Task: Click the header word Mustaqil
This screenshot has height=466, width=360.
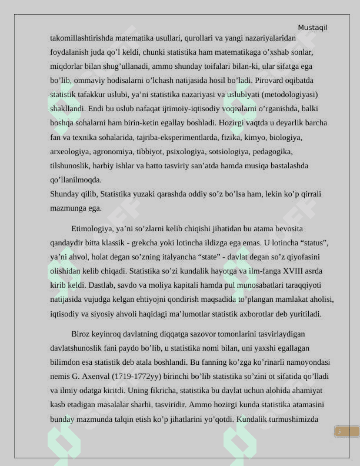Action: (312, 28)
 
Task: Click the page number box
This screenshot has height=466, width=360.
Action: (346, 431)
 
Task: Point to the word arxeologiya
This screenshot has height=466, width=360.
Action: (70, 151)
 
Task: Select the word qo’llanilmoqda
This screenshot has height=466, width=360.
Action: (76, 179)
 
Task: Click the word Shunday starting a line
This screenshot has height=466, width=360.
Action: (65, 194)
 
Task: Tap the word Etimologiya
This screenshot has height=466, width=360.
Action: (91, 228)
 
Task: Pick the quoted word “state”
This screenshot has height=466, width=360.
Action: (218, 257)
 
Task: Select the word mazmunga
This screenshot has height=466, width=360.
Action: (68, 208)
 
